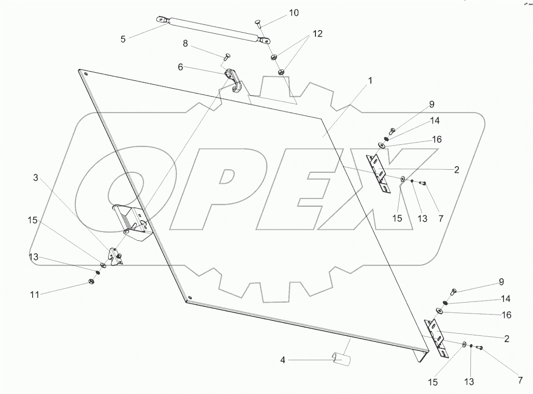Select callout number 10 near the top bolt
click(294, 12)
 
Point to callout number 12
click(316, 34)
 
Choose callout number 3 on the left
click(35, 178)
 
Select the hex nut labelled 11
click(89, 283)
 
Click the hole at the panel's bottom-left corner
click(190, 298)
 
